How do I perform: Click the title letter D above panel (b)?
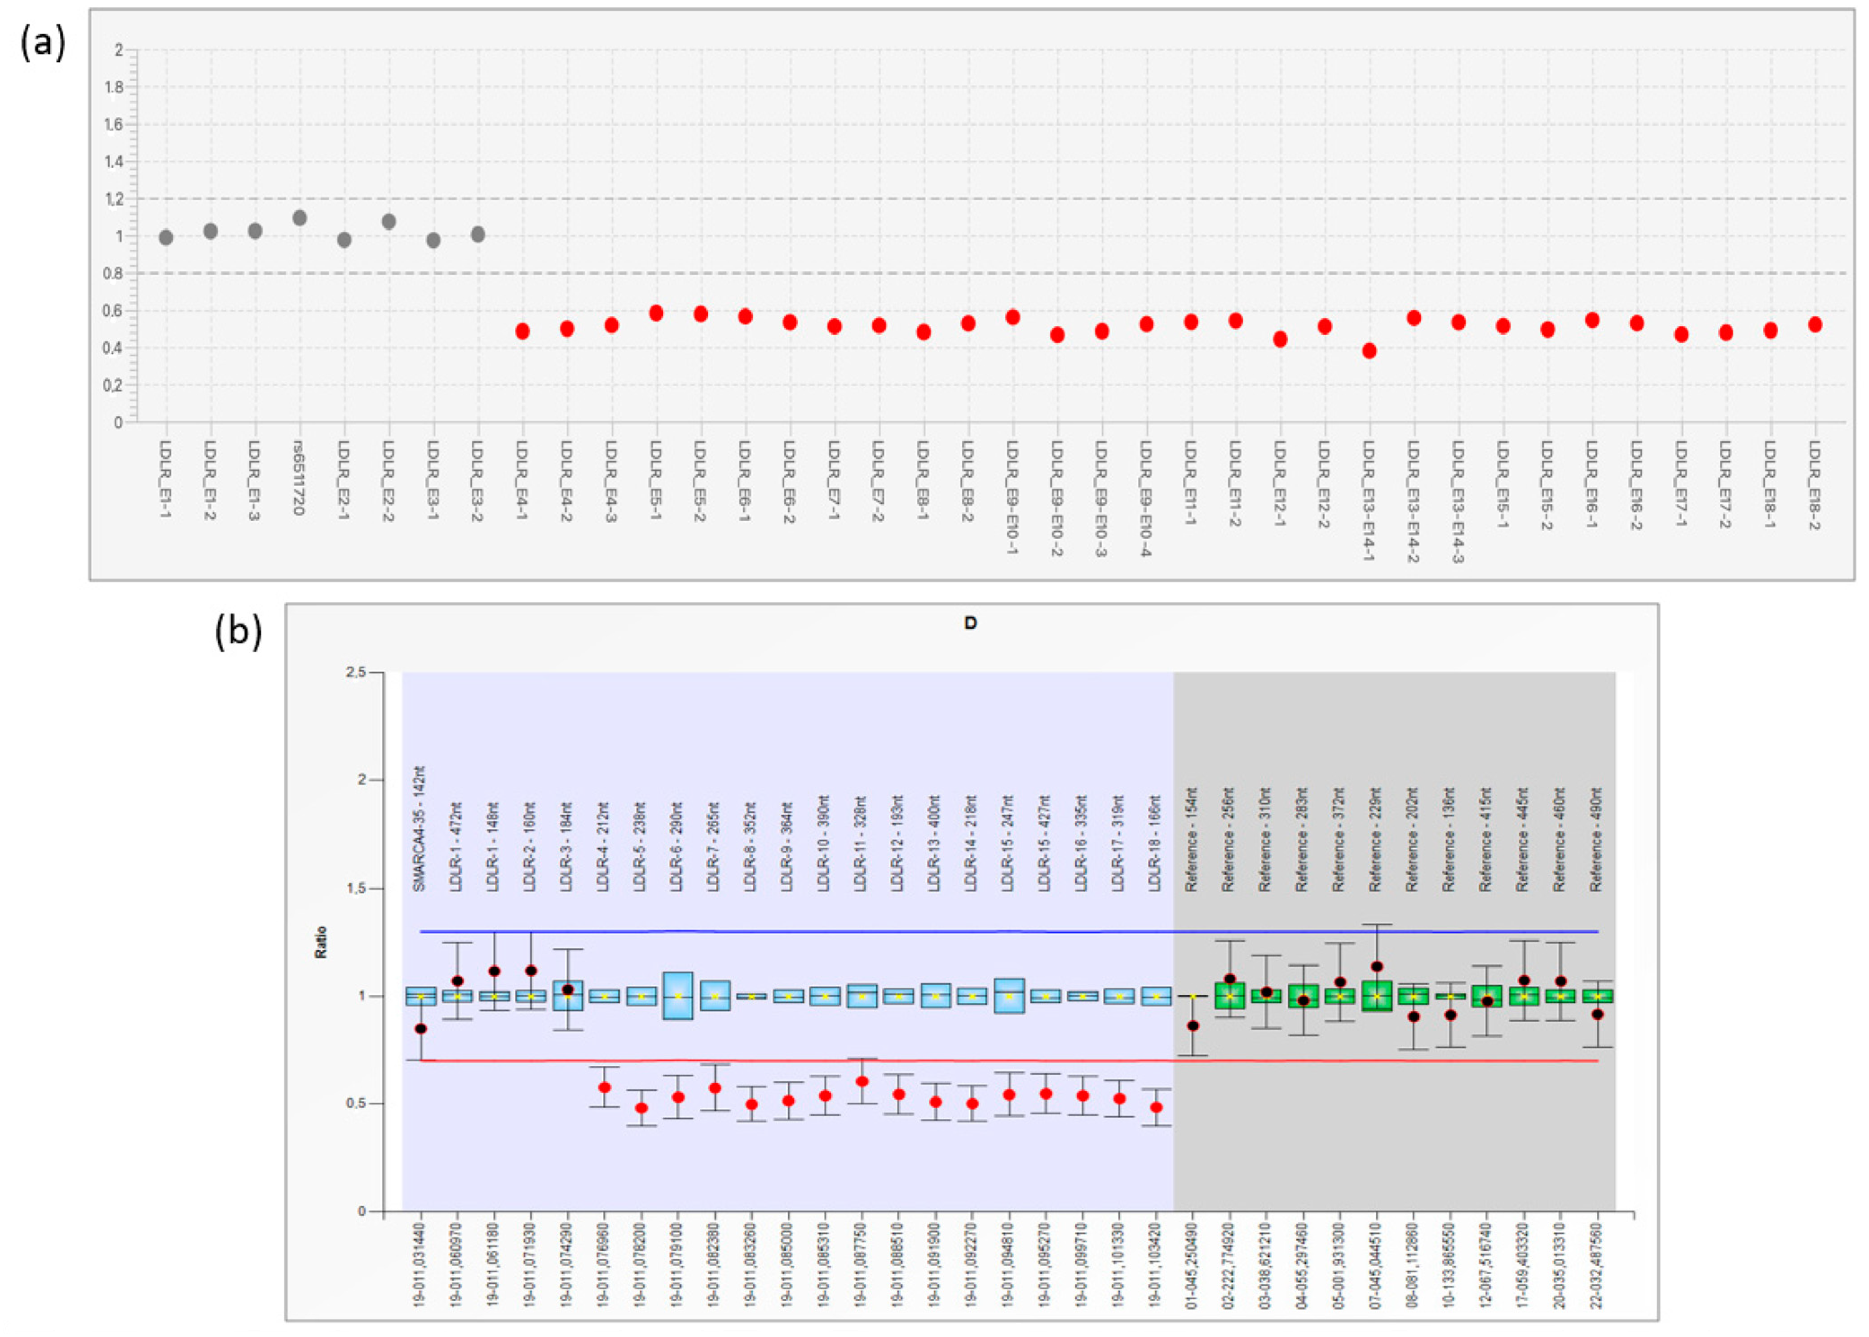pos(970,623)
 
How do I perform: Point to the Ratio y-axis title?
pos(321,942)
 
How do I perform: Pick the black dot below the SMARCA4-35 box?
pos(421,1028)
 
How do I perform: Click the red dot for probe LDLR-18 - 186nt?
pos(1157,1108)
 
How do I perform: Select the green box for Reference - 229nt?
pos(1377,996)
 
